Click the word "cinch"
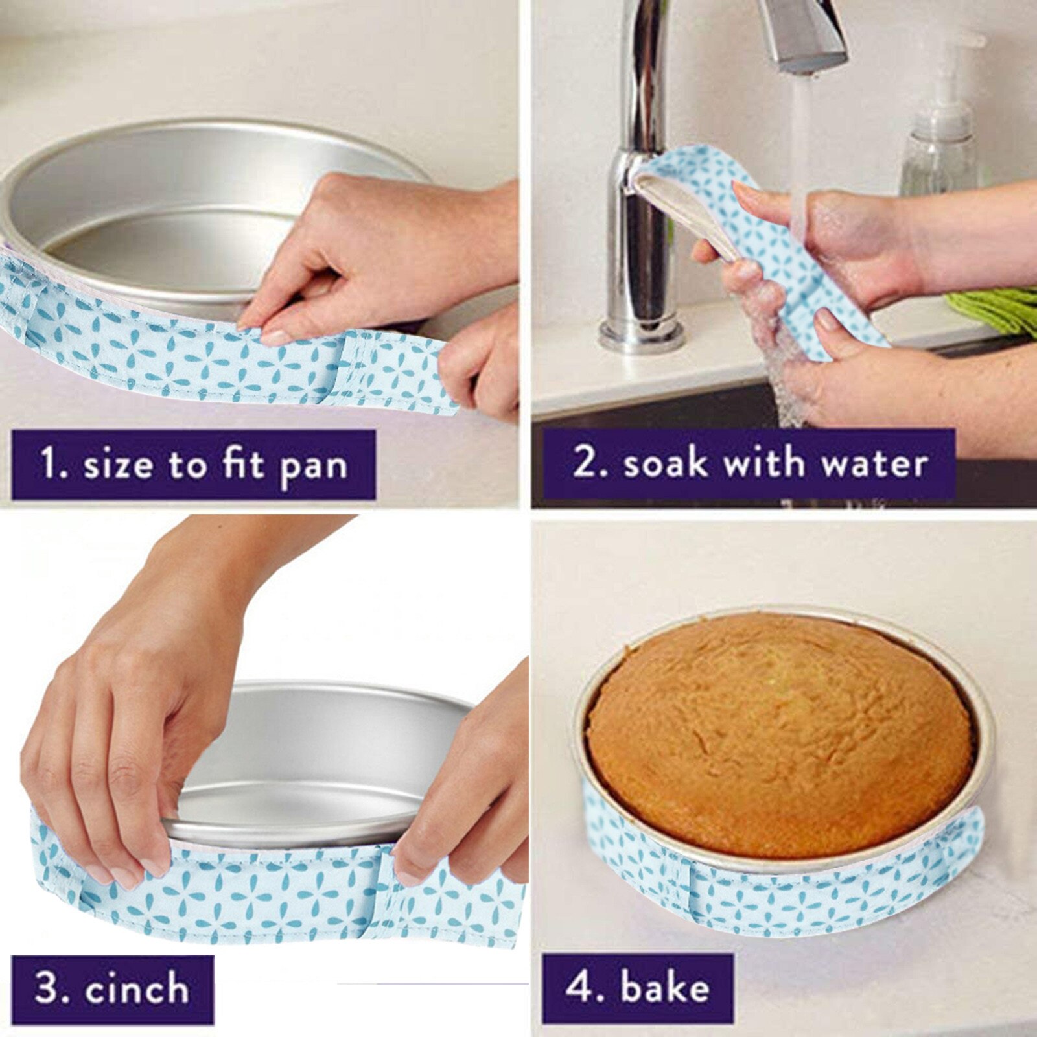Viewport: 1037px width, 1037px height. (137, 989)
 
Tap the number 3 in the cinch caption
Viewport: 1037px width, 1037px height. (47, 989)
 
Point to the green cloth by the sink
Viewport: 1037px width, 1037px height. (998, 308)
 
